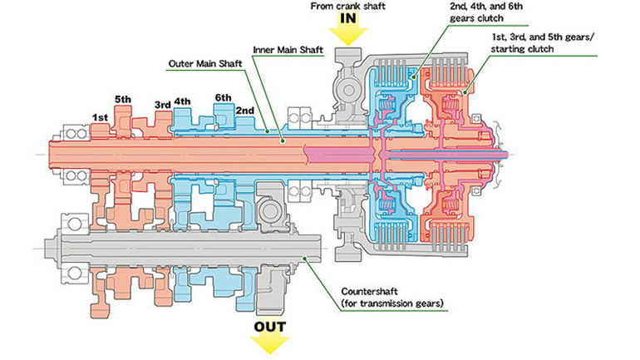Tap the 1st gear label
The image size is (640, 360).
coord(100,117)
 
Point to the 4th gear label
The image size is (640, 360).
coord(184,103)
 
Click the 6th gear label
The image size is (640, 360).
coord(222,96)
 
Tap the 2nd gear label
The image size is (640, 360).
coord(245,111)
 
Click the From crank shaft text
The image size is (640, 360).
coord(350,7)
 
